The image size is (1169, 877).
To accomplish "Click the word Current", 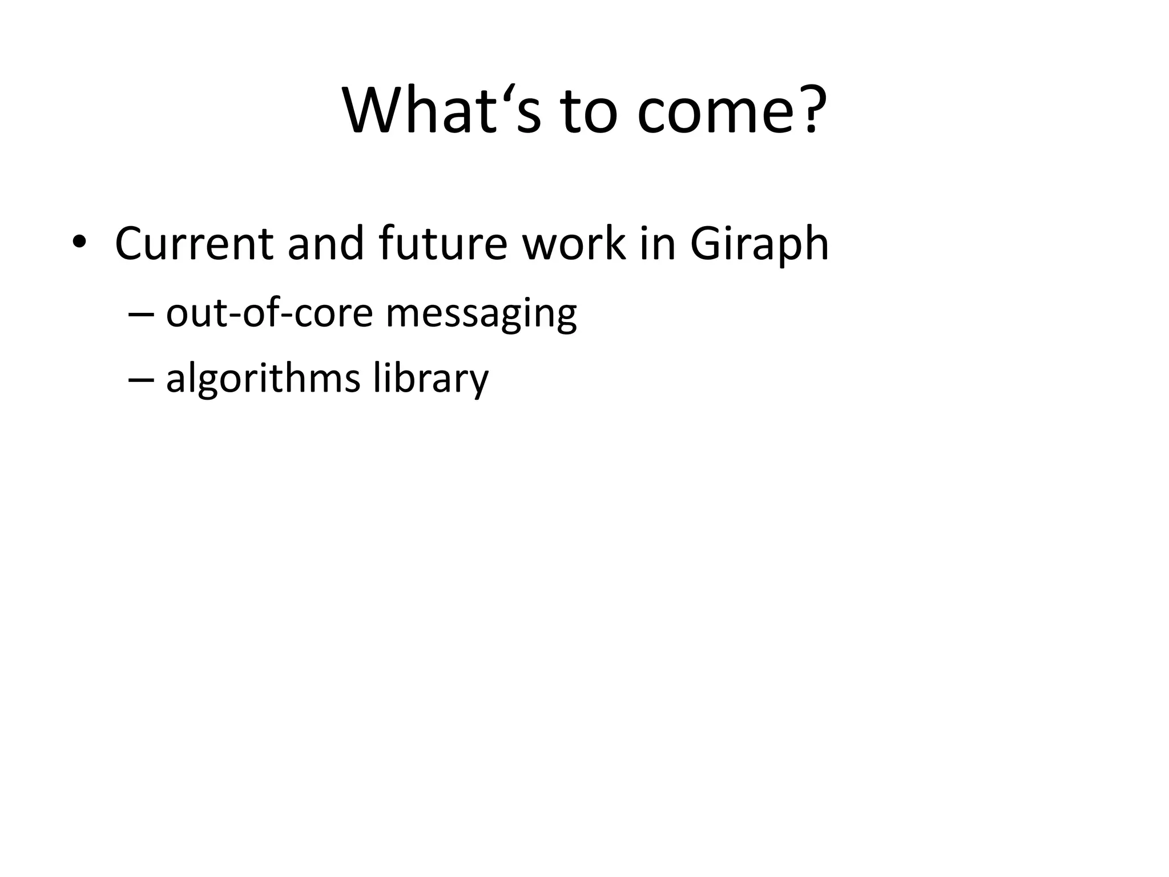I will [x=194, y=244].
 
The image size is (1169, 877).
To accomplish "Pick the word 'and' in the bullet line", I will [x=325, y=244].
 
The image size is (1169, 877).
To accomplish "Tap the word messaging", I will [x=481, y=316].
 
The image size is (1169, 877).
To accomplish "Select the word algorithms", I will [x=263, y=380].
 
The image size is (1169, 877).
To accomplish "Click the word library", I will [x=431, y=380].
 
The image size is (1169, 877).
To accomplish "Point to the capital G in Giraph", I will [x=708, y=244].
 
